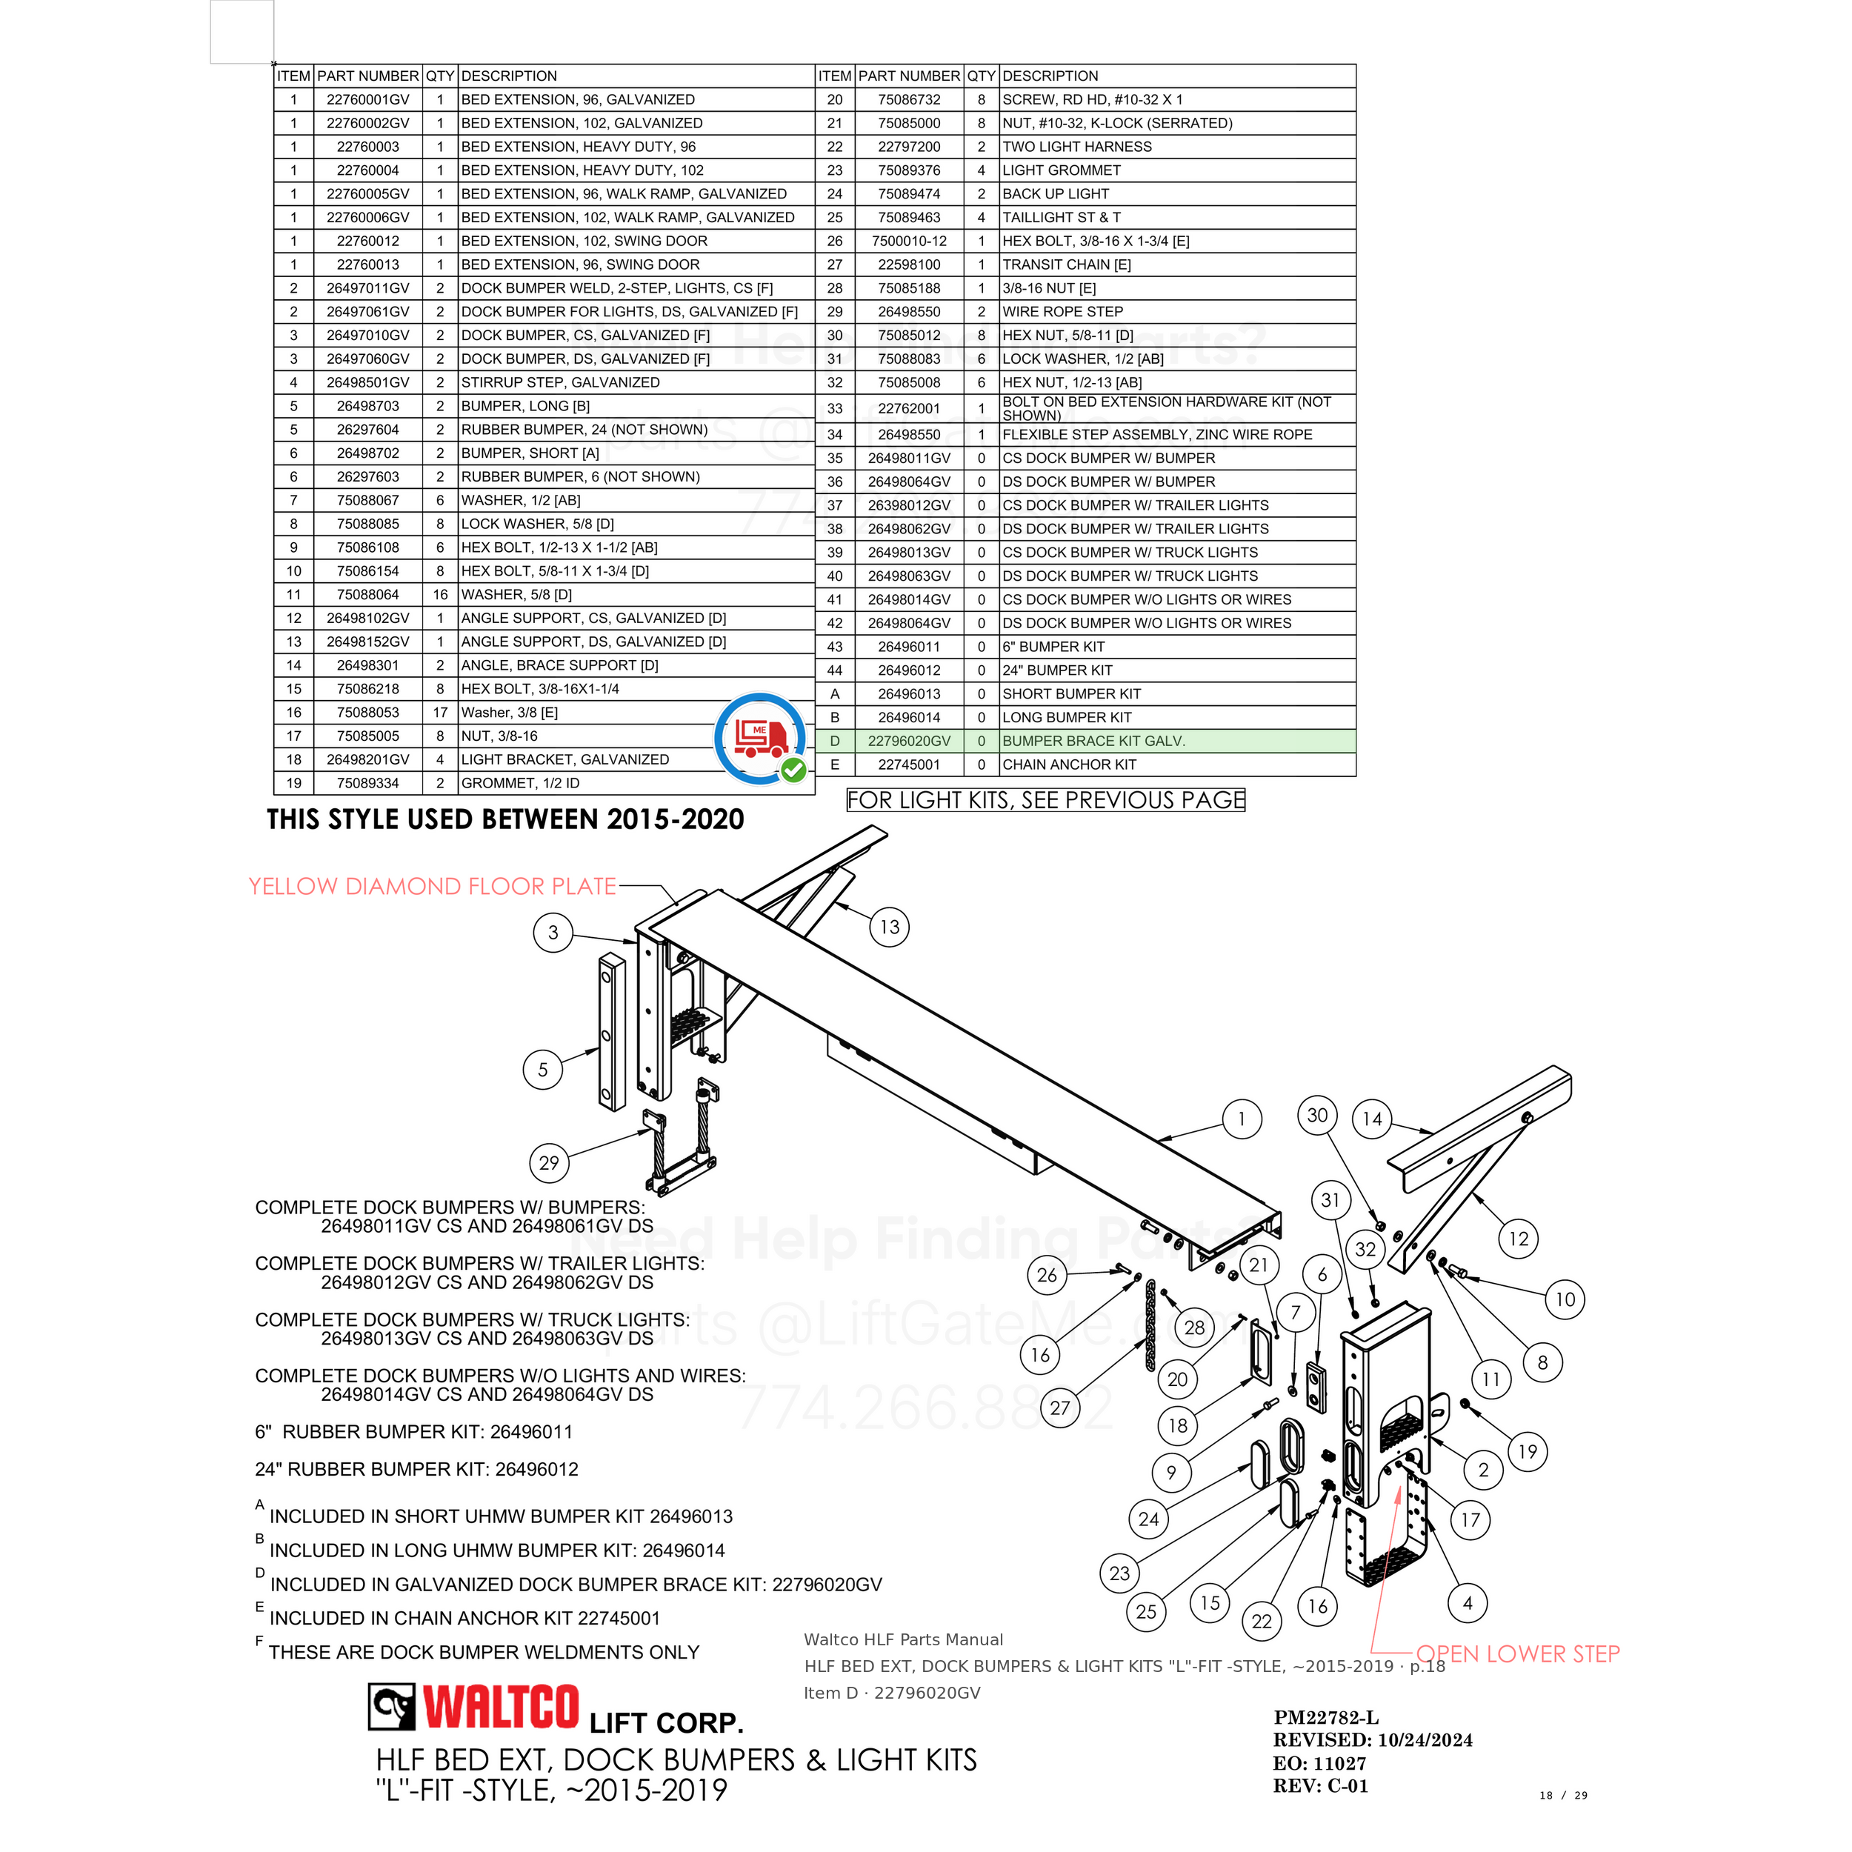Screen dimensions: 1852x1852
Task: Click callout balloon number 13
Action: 890,927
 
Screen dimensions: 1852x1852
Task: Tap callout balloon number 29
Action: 549,1163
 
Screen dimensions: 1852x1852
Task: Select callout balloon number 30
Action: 1318,1115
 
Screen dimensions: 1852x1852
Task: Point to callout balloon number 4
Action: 1468,1603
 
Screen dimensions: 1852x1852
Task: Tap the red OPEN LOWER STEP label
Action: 1519,1653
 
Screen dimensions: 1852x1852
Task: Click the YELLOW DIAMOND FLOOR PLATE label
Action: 433,887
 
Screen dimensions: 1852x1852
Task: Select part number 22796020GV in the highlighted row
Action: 909,741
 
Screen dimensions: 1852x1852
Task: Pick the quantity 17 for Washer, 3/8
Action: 440,712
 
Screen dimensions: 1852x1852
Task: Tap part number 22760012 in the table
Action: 368,242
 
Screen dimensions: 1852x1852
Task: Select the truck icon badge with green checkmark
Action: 761,738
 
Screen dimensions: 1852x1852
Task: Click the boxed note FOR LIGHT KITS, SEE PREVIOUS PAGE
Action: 1046,799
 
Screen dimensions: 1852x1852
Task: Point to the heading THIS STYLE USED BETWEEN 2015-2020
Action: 505,819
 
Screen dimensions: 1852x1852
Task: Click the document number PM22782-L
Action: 1326,1718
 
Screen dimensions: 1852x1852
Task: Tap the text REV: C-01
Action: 1320,1786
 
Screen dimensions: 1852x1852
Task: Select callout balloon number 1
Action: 1242,1119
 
